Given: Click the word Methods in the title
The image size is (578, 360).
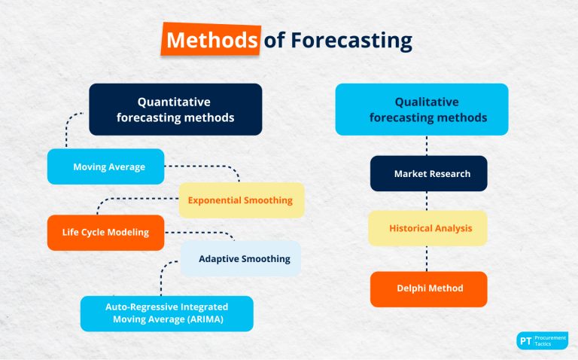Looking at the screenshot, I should point(211,40).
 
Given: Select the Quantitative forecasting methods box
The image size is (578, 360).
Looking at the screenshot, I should point(175,109).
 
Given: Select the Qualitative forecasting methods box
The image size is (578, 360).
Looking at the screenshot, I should point(421,109).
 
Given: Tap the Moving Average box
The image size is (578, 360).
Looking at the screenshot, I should point(105,166).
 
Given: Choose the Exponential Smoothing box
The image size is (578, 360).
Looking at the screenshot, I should point(241,200).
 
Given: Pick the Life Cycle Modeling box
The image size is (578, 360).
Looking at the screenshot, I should point(105,233).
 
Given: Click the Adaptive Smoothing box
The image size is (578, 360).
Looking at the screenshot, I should point(241,258).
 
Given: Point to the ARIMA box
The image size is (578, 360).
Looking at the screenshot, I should point(167,313).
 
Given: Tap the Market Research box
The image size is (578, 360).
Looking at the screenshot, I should point(428,173).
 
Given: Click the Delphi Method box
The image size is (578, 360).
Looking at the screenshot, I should point(428,288).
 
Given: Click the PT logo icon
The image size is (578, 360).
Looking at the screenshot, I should point(525,340).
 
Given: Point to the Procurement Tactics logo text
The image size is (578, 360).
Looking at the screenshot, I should point(550,340).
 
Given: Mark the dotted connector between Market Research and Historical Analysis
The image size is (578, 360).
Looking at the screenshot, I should point(427,201).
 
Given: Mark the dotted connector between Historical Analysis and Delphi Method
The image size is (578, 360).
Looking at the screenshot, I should point(427,258).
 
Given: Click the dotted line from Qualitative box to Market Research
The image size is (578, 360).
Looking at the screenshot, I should point(427,145).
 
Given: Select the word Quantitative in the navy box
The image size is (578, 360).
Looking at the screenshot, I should point(174,102).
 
